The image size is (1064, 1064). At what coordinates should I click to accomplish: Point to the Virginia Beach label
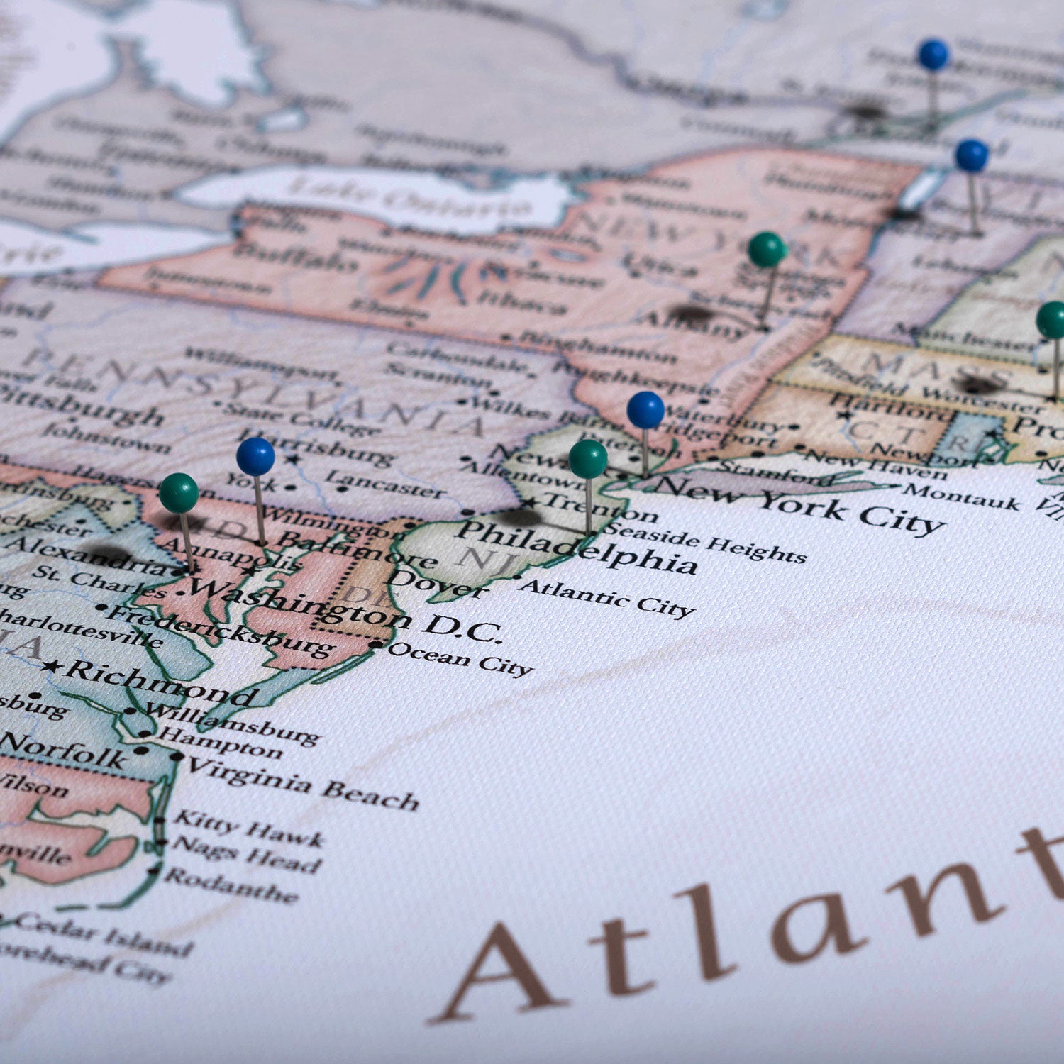tap(301, 783)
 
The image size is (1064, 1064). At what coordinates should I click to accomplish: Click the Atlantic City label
tap(606, 597)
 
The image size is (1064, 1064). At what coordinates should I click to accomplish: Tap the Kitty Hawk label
tap(248, 828)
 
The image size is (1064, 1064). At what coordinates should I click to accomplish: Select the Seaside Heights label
tap(706, 542)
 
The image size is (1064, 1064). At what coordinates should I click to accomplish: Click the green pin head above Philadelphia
tap(588, 459)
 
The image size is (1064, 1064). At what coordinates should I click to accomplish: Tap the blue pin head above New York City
tap(645, 410)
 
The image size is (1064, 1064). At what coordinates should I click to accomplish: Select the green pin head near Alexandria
tap(179, 493)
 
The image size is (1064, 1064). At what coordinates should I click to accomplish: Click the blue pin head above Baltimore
tap(255, 457)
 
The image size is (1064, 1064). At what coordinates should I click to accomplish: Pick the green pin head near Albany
tap(767, 250)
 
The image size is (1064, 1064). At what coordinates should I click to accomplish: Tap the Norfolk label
tap(64, 750)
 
